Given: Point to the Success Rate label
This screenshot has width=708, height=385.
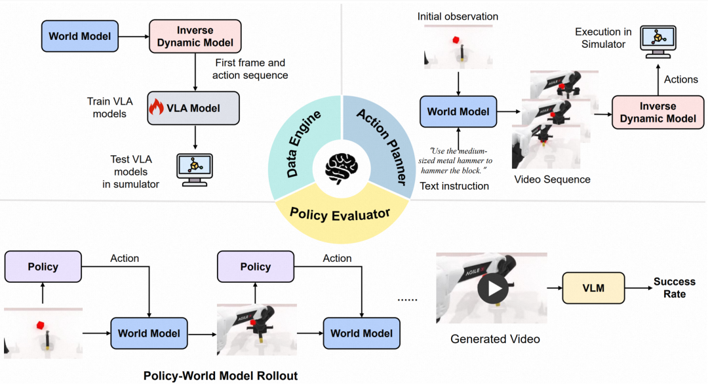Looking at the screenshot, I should click(x=674, y=288).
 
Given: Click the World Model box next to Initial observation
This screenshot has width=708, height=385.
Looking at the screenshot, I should click(x=458, y=111).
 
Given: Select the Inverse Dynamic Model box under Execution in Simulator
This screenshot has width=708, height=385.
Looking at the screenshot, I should click(x=658, y=112).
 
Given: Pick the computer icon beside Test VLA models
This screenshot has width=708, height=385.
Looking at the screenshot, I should click(x=193, y=168).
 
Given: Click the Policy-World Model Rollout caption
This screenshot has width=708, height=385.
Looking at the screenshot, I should click(x=220, y=375).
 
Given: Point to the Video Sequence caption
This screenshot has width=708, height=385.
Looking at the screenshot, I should click(x=552, y=179).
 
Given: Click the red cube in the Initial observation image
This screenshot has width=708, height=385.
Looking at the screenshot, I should click(x=455, y=41).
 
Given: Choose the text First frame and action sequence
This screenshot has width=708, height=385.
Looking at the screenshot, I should click(x=250, y=69).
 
